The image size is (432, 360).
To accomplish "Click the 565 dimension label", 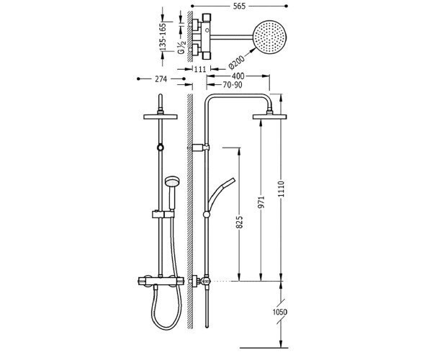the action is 239,6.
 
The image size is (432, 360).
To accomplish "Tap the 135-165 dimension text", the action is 163,37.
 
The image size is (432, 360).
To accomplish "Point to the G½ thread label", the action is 181,48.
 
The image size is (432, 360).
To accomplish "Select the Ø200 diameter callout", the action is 236,62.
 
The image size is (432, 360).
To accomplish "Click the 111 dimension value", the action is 200,69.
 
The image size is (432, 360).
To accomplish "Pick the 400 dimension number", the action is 238,76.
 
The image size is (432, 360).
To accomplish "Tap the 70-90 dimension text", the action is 233,84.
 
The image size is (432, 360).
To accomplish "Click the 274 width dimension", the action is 161,79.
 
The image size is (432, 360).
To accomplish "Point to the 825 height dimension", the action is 240,222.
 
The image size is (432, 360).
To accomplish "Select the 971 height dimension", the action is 261,202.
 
